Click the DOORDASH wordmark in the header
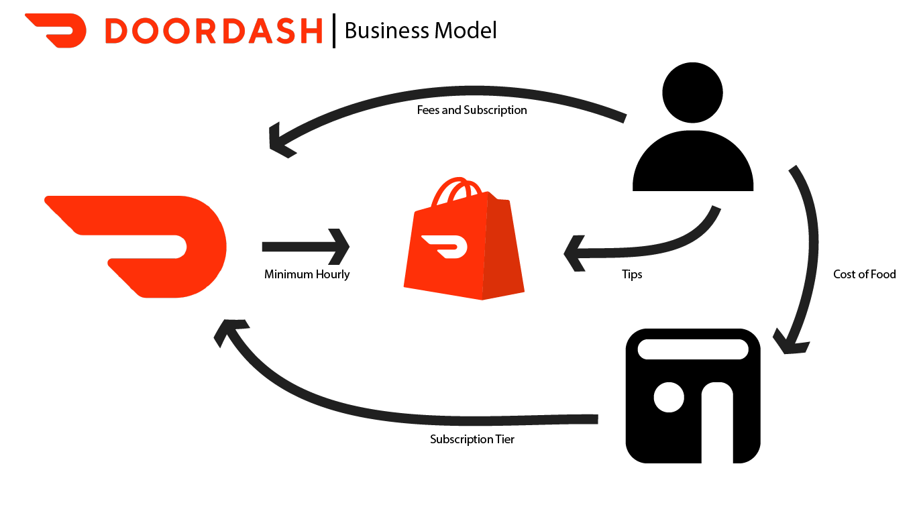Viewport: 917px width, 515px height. [x=213, y=31]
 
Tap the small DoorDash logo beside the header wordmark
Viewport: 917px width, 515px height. [x=56, y=31]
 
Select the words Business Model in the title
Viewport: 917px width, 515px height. [x=421, y=30]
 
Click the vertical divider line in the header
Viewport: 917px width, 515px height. [x=333, y=31]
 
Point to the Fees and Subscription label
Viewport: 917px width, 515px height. [x=472, y=110]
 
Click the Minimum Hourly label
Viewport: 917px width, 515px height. [x=307, y=274]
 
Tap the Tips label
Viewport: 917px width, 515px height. [x=632, y=274]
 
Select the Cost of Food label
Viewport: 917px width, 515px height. [x=864, y=274]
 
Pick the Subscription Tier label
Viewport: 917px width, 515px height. [x=472, y=440]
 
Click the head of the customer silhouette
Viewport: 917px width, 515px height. [x=692, y=92]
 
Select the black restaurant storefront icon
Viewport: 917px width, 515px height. [x=693, y=396]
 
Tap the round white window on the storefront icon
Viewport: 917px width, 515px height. [x=669, y=397]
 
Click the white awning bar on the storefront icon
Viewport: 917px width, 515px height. [x=693, y=349]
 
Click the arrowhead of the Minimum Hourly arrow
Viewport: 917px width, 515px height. [x=339, y=246]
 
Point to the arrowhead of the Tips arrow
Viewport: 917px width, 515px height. [x=576, y=253]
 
